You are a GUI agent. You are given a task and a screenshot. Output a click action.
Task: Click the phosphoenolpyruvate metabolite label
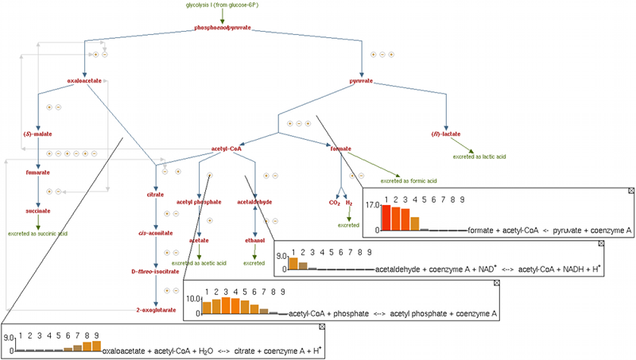point(223,28)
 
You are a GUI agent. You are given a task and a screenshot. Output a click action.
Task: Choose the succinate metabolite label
point(37,211)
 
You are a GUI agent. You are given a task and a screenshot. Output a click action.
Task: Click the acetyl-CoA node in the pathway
point(227,147)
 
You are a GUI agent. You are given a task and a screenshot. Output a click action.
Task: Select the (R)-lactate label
point(446,134)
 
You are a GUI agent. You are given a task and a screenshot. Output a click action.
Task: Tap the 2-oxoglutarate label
point(154,309)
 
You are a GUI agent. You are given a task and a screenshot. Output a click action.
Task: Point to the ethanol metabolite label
point(254,238)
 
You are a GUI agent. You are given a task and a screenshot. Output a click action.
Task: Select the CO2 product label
point(335,203)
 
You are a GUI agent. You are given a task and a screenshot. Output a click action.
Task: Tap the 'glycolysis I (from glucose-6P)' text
point(222,5)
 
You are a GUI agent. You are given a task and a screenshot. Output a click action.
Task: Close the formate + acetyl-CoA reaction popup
point(631,191)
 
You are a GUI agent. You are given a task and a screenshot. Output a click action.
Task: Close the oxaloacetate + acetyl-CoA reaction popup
point(322,327)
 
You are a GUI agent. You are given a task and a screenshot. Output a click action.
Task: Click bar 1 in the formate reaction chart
point(386,217)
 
